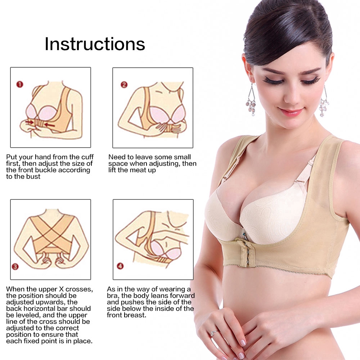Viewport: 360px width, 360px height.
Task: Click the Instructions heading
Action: (95, 44)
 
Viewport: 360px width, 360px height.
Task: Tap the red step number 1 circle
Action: (20, 84)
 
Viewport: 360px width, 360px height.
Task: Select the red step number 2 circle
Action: (124, 85)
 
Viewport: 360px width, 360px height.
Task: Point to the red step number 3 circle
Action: (15, 266)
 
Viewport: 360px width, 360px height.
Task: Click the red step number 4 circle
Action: (120, 266)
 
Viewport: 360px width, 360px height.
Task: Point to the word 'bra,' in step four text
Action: (113, 296)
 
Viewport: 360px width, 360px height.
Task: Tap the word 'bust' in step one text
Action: (33, 176)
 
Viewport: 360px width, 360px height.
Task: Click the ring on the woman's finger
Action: (214, 333)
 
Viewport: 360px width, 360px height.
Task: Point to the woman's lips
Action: (291, 112)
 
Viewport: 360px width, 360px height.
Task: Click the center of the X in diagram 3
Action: (52, 233)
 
